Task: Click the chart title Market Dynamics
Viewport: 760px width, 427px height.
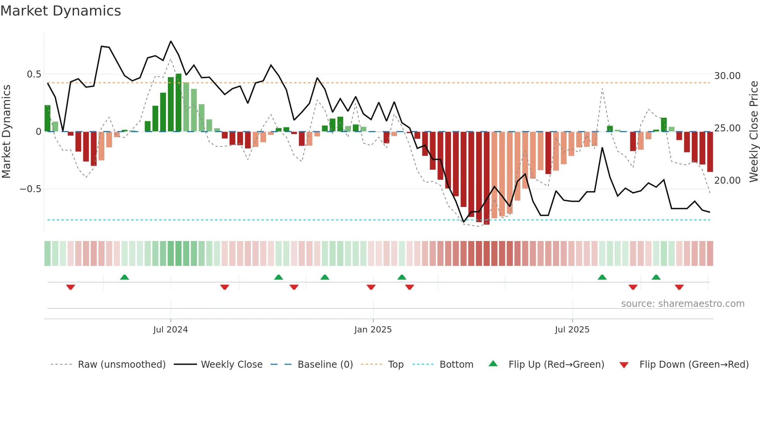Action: pos(60,11)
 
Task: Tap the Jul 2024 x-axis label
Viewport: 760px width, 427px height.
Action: pos(170,330)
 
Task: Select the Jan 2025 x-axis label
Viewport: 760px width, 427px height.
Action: pos(373,330)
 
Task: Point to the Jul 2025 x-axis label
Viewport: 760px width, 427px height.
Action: pos(572,330)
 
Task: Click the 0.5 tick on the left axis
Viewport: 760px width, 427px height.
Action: pos(34,74)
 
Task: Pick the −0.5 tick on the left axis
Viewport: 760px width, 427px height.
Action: pos(30,189)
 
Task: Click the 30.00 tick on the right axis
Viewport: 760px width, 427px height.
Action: pos(727,76)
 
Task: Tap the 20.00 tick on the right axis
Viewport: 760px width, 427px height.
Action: pos(727,181)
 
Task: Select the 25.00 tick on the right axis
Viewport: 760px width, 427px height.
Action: pos(727,128)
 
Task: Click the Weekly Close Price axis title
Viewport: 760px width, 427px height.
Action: pos(753,132)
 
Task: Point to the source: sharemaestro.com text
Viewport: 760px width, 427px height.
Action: pos(682,304)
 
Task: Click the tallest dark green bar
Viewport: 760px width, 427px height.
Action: pos(178,103)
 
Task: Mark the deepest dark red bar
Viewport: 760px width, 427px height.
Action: pos(487,178)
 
